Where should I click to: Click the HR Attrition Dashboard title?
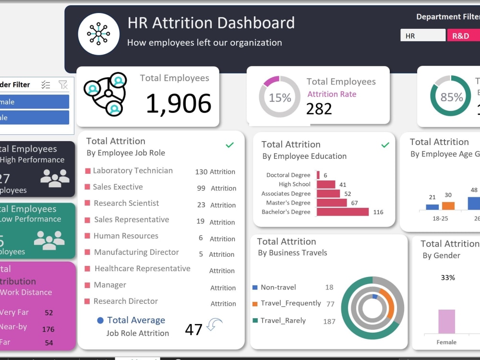211,23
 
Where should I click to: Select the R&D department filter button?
463,36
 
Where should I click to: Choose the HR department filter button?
422,36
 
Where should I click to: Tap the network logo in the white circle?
99,34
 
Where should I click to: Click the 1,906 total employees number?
178,104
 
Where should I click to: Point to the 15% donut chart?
280,97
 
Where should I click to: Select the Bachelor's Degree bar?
343,212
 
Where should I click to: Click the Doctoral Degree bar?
318,175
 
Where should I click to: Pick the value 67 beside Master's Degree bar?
354,203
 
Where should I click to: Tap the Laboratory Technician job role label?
132,170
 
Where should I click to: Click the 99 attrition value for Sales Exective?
201,188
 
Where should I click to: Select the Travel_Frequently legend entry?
290,303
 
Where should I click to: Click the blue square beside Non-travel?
255,288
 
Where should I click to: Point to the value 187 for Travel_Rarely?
329,321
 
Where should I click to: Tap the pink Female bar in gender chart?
446,322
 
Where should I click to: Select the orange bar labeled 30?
448,205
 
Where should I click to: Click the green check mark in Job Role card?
230,145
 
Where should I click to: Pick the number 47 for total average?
193,330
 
